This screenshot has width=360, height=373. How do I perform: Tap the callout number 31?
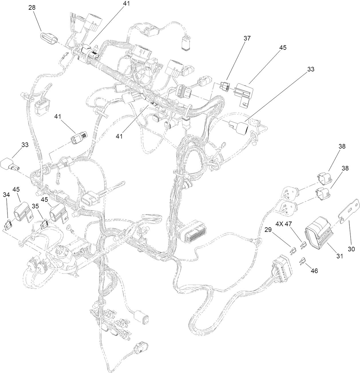pyautogui.click(x=339, y=256)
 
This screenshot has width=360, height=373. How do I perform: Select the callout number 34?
pyautogui.click(x=6, y=195)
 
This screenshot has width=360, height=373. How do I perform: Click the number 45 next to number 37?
pyautogui.click(x=283, y=48)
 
